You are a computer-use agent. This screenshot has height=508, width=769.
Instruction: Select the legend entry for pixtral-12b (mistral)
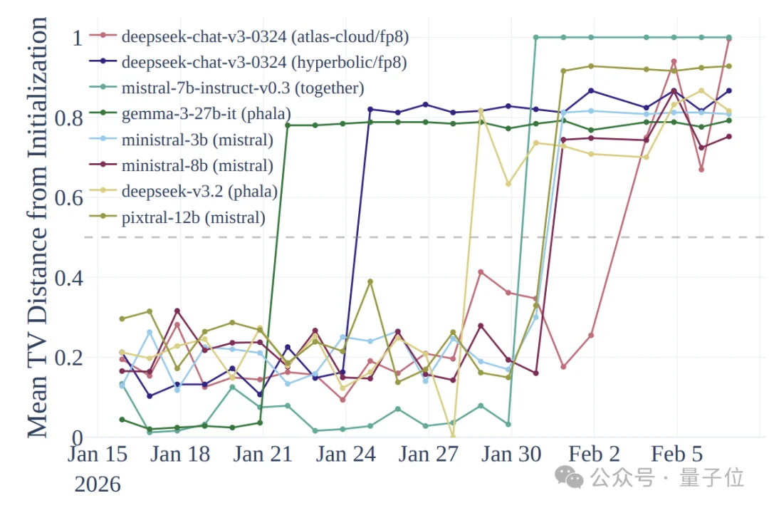(193, 217)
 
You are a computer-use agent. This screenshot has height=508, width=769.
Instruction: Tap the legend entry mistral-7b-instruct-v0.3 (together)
(243, 88)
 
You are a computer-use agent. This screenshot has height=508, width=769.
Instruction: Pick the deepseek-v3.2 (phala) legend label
(199, 192)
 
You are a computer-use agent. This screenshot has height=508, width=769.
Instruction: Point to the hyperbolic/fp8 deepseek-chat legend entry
(264, 63)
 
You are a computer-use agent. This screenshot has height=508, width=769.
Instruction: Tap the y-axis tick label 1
(75, 36)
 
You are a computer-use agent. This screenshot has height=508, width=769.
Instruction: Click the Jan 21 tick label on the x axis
(263, 454)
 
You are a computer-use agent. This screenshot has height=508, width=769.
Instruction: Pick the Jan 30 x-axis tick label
(511, 454)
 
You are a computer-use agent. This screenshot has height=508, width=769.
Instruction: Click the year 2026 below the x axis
(98, 484)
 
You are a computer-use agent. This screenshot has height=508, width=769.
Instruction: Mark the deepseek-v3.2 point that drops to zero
(453, 436)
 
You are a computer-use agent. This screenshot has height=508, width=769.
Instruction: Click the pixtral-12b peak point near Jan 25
(370, 281)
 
